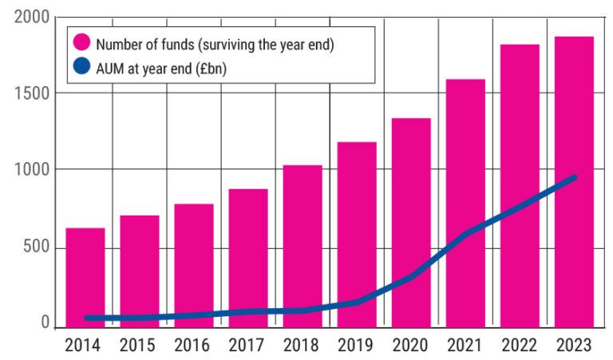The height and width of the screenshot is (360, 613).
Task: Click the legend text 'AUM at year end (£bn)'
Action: point(160,69)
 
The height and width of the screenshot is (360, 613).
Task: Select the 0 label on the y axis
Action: point(45,324)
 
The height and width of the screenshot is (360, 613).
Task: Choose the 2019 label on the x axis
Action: point(356,346)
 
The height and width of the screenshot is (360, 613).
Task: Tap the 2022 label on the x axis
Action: point(520,346)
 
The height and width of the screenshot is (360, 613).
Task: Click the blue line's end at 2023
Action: point(573,178)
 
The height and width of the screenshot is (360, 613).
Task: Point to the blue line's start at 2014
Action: point(86,318)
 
